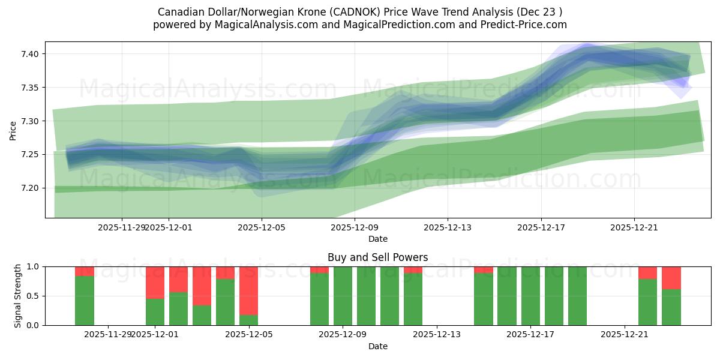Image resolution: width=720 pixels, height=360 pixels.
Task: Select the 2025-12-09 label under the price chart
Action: (355, 227)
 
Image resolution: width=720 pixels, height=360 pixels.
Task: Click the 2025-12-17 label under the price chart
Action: (541, 227)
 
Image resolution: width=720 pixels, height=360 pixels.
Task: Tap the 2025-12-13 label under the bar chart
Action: (437, 334)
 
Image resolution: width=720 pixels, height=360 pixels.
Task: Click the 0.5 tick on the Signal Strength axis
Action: (33, 296)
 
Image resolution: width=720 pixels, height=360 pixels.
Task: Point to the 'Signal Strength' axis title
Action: (18, 296)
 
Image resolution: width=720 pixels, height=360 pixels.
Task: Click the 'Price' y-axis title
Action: (13, 130)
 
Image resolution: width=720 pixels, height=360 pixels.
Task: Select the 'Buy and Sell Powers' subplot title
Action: (377, 257)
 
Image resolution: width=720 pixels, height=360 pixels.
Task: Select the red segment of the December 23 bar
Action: (671, 278)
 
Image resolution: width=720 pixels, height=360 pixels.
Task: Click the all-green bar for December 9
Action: (343, 296)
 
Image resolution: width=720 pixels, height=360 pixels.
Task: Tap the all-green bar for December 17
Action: (530, 296)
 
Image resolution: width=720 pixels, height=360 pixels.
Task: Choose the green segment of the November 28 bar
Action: (85, 300)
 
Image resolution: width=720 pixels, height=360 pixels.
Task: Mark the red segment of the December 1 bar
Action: (155, 282)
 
